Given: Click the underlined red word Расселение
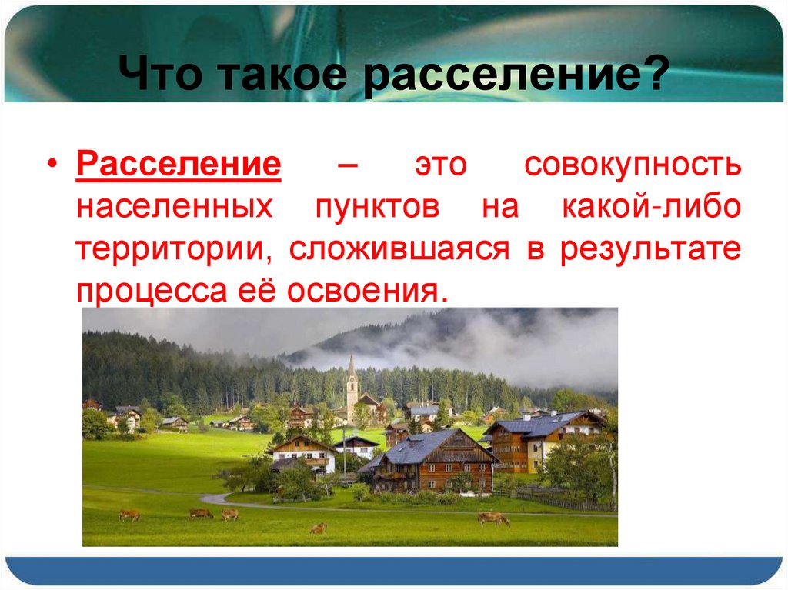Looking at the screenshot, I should [178, 167].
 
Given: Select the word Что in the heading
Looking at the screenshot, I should [165, 77].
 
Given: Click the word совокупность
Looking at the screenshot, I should [633, 167].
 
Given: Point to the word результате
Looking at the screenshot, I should [650, 250].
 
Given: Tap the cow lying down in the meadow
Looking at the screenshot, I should [317, 528].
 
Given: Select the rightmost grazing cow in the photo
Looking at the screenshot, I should [492, 518].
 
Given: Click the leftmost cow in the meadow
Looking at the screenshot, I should [129, 515].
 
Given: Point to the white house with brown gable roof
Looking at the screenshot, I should [303, 455].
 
